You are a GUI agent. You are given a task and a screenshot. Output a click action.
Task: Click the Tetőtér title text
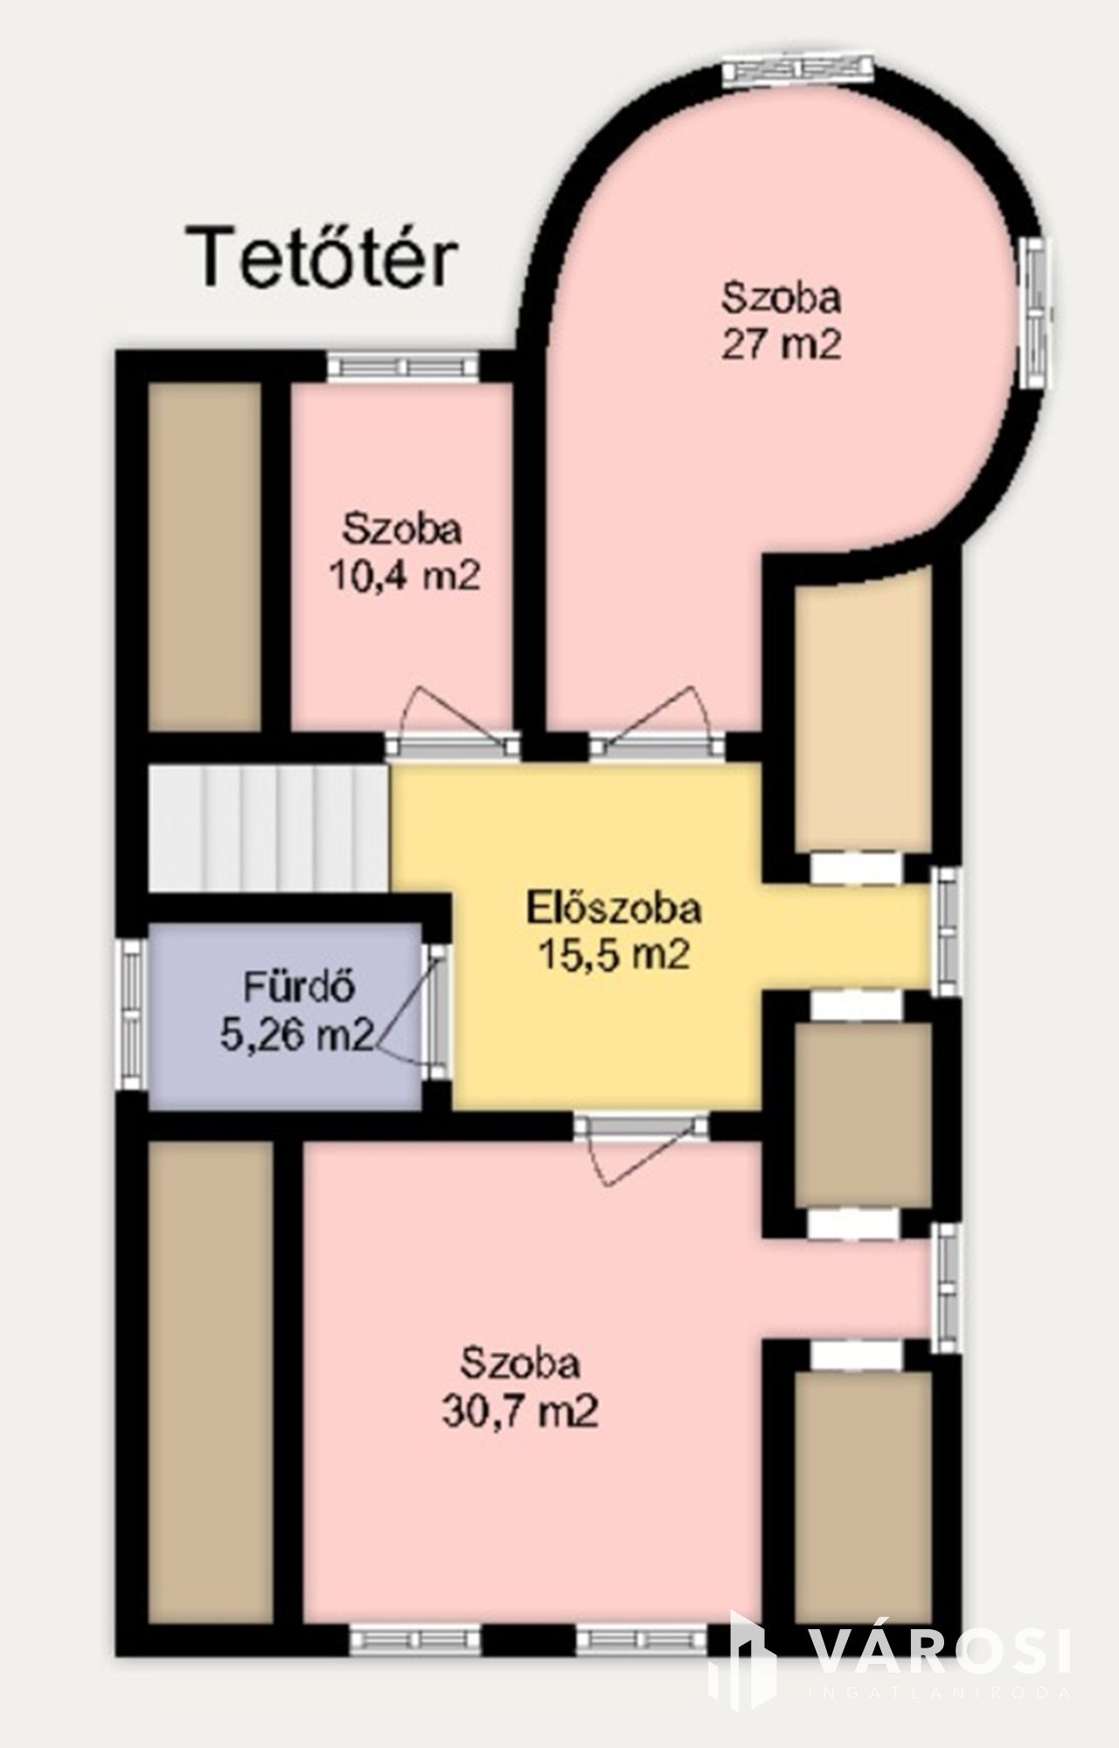(x=326, y=257)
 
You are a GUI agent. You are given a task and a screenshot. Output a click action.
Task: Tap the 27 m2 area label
(x=781, y=345)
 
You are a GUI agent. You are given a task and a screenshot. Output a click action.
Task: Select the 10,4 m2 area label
(x=404, y=575)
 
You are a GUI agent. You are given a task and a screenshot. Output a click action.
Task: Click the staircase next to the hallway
(x=268, y=827)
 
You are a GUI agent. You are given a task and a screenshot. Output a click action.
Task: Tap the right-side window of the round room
(x=1038, y=315)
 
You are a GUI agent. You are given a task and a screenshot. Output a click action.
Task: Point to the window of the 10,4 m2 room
(x=403, y=365)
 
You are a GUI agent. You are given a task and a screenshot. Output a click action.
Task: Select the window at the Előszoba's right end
(x=945, y=930)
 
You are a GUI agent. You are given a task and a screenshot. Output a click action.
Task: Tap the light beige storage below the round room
(x=861, y=708)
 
